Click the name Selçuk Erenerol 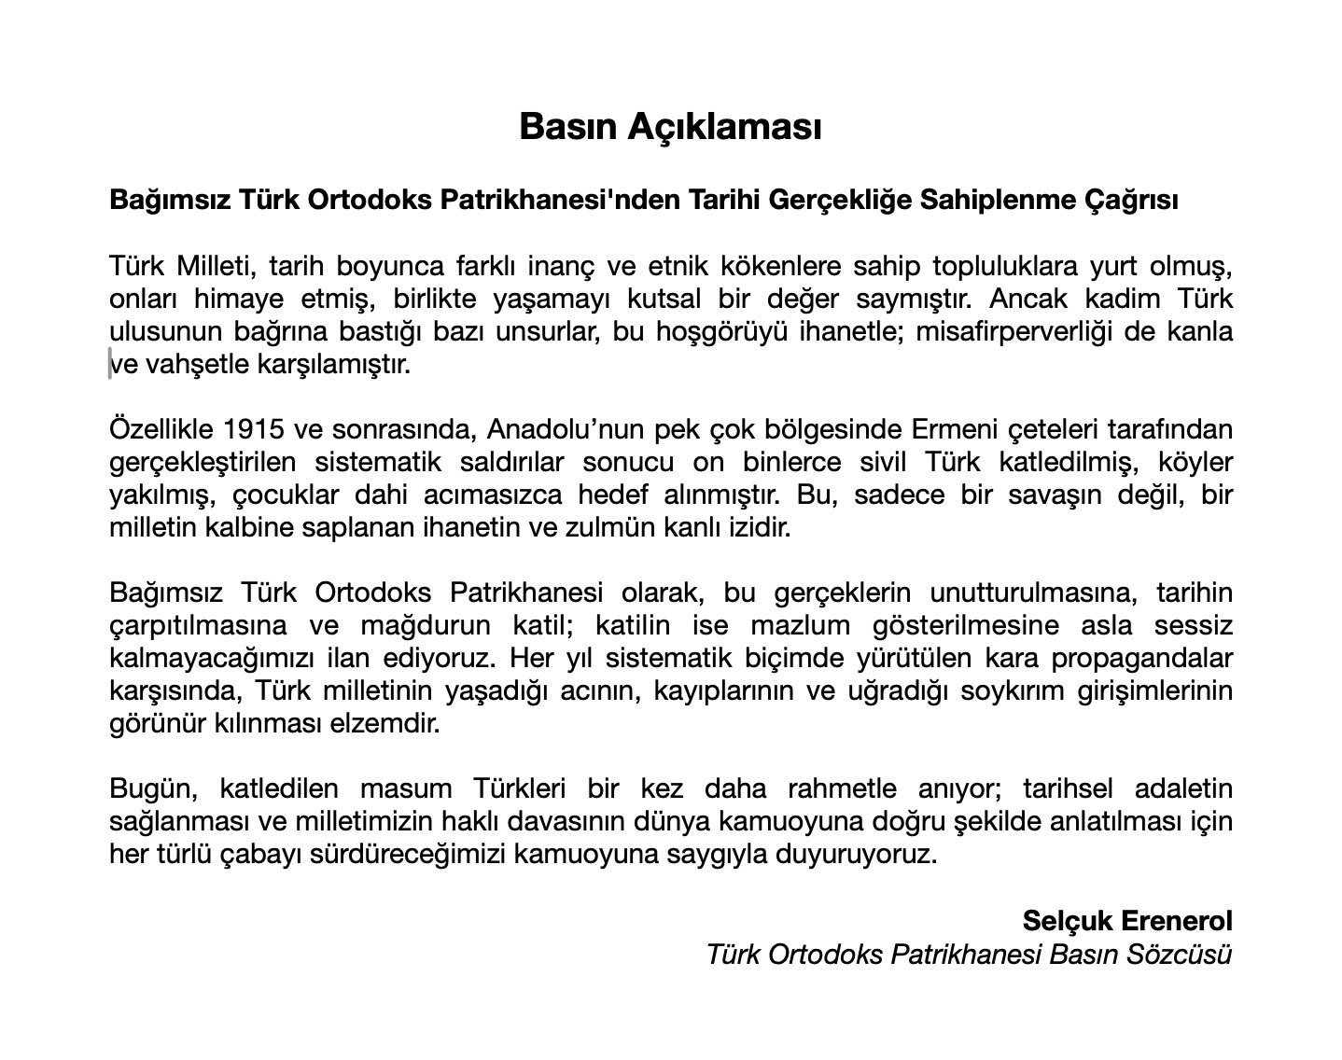(1127, 921)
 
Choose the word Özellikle (161, 429)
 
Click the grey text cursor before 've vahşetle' (111, 364)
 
